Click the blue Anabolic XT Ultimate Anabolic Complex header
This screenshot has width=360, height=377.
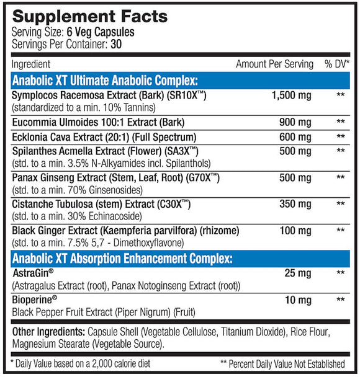(105, 80)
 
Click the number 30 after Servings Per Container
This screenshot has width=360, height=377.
(116, 44)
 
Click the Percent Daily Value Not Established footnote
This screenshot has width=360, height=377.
(282, 363)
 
